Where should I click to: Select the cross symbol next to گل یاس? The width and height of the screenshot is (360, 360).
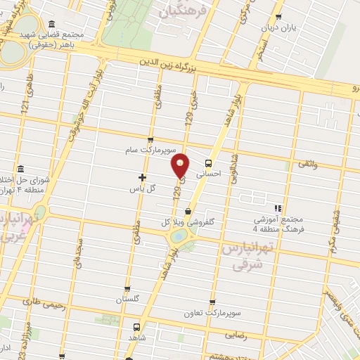pos(143,177)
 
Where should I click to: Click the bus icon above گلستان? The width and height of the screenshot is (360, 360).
pos(127,288)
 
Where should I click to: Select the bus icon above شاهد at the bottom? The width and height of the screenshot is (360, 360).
pos(137,327)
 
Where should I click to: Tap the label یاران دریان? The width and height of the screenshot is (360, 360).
pos(275,28)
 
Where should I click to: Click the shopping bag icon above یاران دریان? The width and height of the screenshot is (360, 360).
pos(279,18)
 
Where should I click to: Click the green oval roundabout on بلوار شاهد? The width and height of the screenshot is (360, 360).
pos(180,237)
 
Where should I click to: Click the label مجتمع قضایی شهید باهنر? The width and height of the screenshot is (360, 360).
pos(52,39)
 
